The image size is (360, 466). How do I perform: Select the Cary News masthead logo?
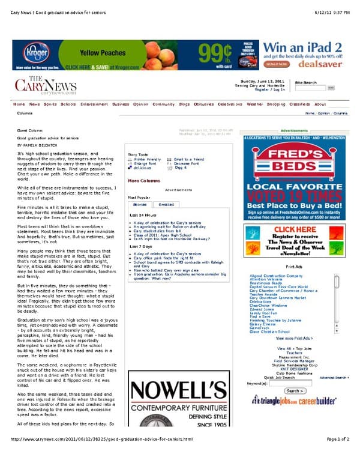tap(46, 86)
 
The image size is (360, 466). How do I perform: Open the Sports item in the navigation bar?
tap(50, 104)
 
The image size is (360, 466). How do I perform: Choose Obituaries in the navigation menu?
tap(203, 104)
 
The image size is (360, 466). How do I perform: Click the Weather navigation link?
tap(255, 104)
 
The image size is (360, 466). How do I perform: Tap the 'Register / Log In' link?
tap(270, 89)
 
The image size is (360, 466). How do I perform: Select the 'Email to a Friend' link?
tap(189, 159)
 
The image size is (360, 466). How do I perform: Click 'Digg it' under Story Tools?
tap(181, 168)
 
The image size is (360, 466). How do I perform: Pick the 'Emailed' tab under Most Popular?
tap(166, 204)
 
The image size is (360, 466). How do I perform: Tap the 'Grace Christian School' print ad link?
tap(270, 331)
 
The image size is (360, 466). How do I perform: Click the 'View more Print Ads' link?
tap(294, 338)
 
